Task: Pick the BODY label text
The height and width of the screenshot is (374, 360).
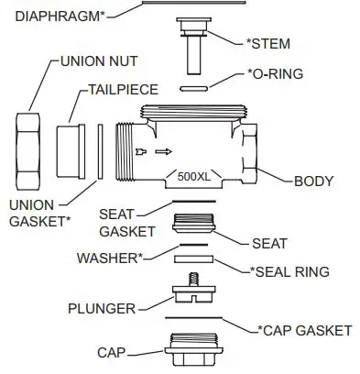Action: (313, 181)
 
